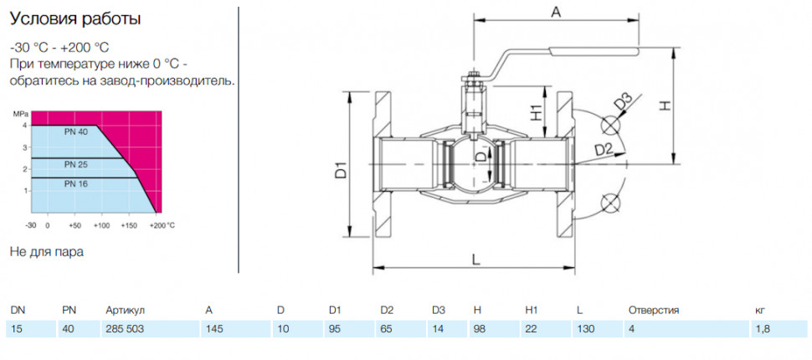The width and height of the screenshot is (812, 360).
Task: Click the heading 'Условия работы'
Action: coord(75,20)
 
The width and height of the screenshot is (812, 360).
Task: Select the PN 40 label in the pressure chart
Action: coord(76,132)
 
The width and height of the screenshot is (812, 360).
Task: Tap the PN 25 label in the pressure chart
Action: coord(76,165)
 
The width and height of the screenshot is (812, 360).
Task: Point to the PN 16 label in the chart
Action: coord(76,183)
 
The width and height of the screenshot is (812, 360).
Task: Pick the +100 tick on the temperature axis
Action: coord(103,225)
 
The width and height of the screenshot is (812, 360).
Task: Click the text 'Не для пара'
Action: coord(47,252)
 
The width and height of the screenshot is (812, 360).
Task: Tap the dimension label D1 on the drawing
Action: coord(340,170)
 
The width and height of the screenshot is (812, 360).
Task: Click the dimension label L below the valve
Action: coord(476,259)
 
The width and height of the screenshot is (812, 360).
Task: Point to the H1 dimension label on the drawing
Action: coord(536,111)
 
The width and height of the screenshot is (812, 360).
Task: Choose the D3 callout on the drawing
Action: coord(624,102)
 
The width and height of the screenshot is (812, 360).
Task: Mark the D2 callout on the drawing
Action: coord(604,150)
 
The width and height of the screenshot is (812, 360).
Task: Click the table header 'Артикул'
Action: coord(125,311)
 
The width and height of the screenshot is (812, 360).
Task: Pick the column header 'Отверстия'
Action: coord(654,311)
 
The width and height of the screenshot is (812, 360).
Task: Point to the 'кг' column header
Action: coord(760,311)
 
